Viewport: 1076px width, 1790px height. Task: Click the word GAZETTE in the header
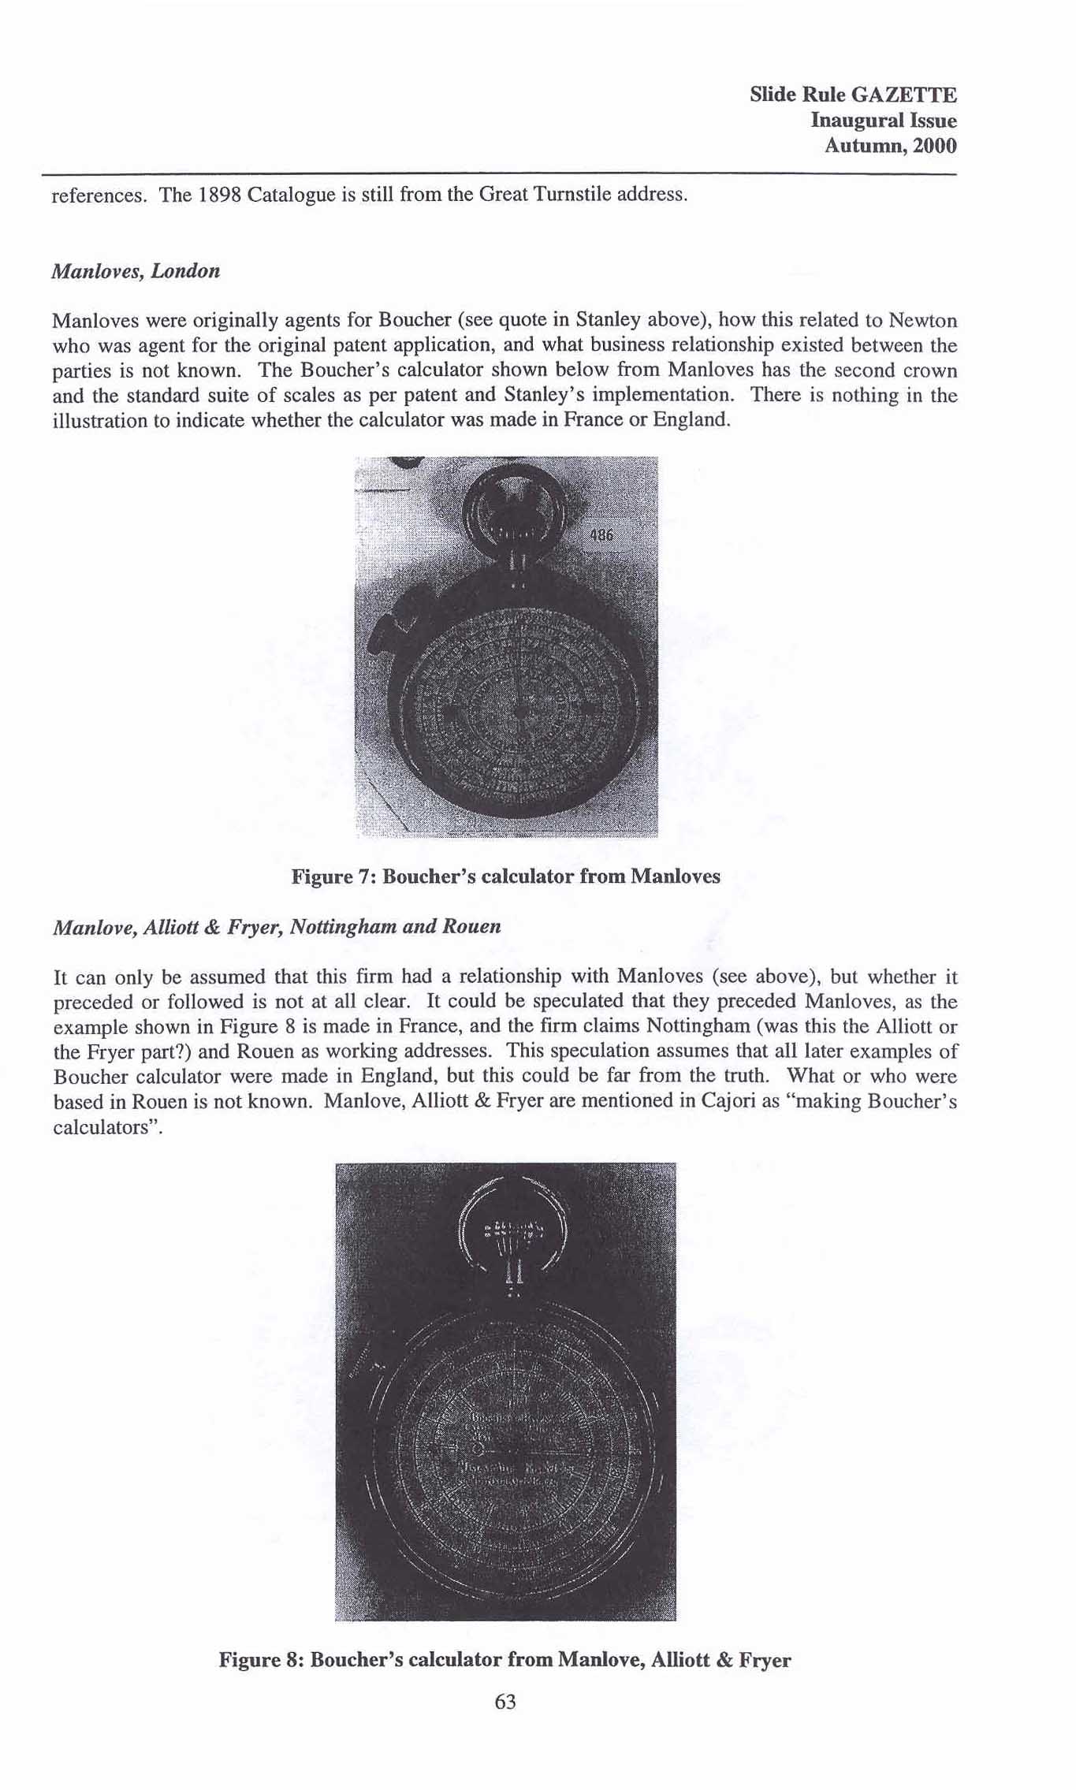click(906, 95)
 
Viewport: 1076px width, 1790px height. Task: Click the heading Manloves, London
click(136, 271)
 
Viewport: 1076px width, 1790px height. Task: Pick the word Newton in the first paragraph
click(923, 321)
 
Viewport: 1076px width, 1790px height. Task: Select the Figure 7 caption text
click(505, 876)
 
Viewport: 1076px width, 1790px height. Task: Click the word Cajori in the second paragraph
click(728, 1101)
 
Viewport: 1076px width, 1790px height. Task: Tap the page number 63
click(505, 1702)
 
